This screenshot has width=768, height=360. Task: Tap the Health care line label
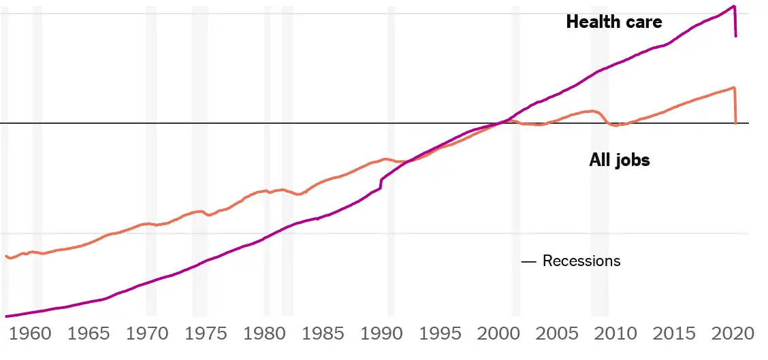pyautogui.click(x=613, y=22)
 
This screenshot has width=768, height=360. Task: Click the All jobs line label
pyautogui.click(x=619, y=161)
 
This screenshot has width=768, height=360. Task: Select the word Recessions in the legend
pyautogui.click(x=581, y=261)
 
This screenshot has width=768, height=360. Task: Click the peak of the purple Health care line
pyautogui.click(x=734, y=6)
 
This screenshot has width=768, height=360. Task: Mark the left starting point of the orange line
pyautogui.click(x=6, y=256)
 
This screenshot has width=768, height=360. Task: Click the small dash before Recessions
pyautogui.click(x=528, y=261)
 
